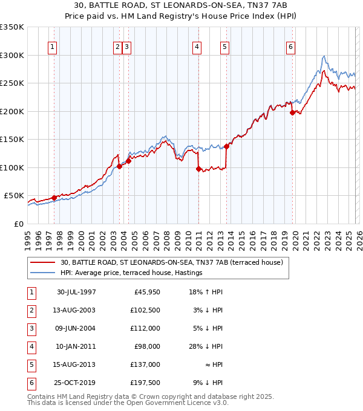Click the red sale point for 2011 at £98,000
click(198, 169)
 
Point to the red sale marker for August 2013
click(226, 146)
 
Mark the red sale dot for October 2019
click(292, 112)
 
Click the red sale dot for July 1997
click(54, 198)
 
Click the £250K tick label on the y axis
click(12, 83)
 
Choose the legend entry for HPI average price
click(131, 273)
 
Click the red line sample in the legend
click(43, 262)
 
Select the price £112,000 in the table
click(147, 328)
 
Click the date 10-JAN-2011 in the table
click(76, 346)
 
